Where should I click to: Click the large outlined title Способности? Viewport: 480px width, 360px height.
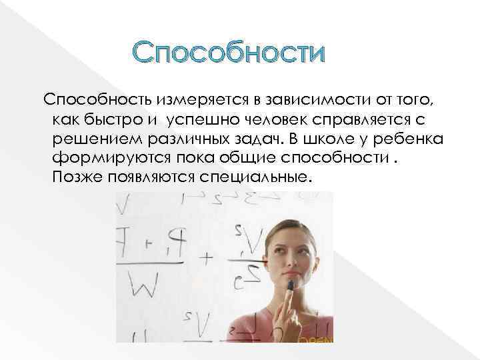point(228,52)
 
